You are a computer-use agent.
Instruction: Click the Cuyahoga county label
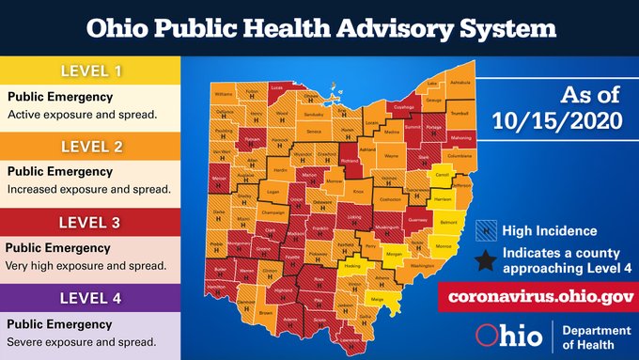tap(403, 107)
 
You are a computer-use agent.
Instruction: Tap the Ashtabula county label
tap(460, 82)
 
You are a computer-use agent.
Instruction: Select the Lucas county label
tap(276, 86)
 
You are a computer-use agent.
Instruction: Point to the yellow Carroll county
tap(439, 175)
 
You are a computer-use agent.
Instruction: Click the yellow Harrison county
tap(442, 199)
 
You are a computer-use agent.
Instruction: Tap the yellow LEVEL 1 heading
tap(88, 70)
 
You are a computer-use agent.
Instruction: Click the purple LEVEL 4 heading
tap(88, 298)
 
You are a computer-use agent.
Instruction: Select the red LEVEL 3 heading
tap(88, 222)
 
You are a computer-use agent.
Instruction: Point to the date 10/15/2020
tap(555, 120)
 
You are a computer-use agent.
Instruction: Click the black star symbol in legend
tap(485, 259)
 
